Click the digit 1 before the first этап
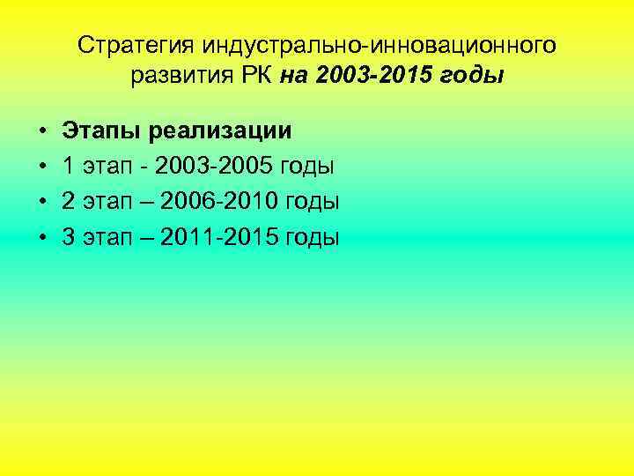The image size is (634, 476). pos(68,167)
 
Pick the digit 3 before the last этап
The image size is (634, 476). pos(68,237)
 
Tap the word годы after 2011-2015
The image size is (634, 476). pos(312,238)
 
